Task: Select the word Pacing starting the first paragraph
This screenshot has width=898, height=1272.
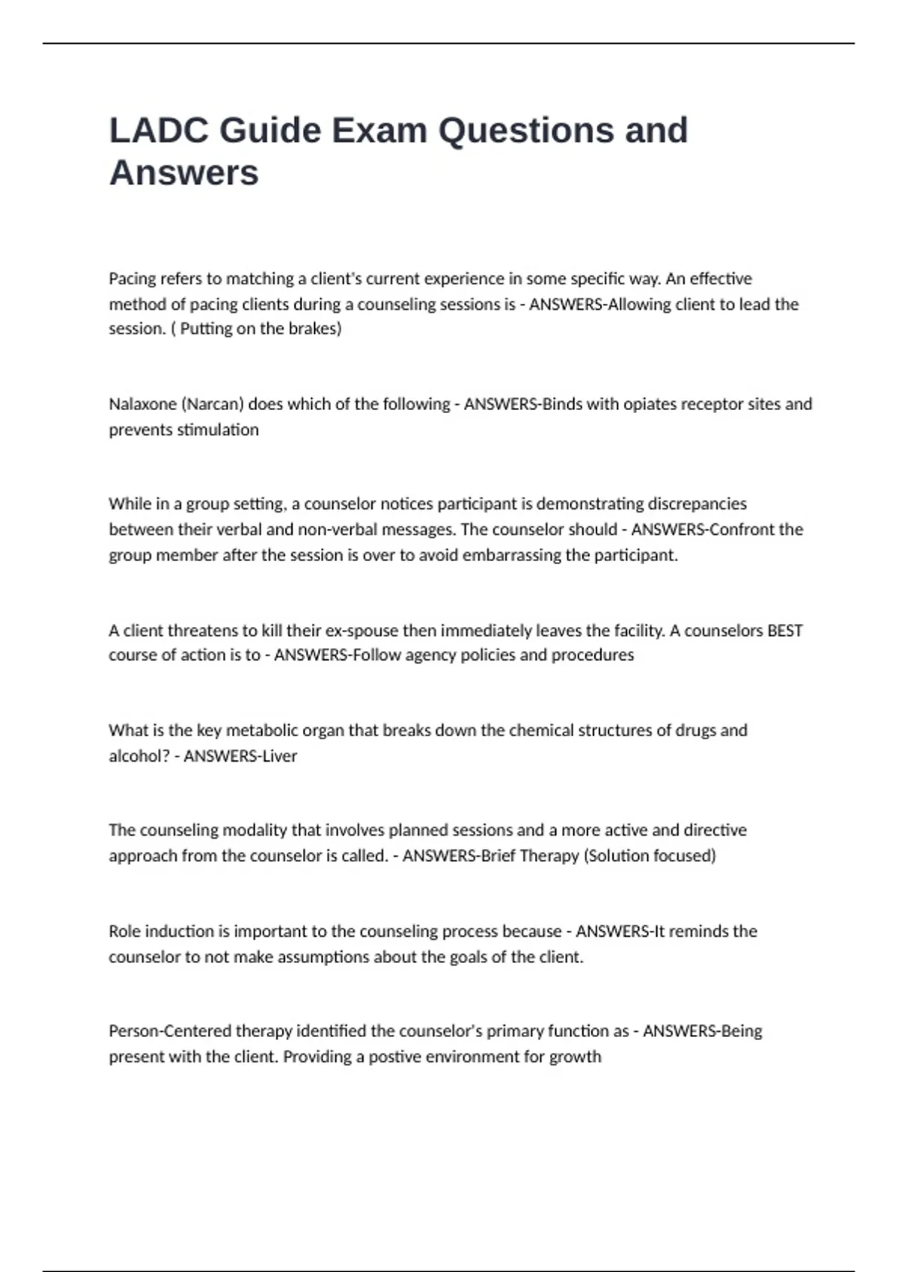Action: pyautogui.click(x=132, y=279)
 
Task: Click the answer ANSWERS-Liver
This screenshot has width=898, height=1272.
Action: pyautogui.click(x=240, y=756)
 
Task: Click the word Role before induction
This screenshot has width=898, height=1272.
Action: pyautogui.click(x=124, y=932)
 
